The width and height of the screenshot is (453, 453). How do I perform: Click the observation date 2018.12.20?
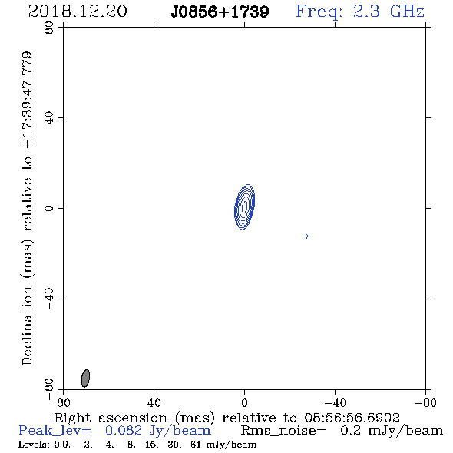tap(78, 12)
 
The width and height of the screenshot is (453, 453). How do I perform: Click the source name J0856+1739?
tap(220, 12)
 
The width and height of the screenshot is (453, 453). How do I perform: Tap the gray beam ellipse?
tap(85, 378)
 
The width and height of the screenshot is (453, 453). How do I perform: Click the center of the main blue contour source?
tap(244, 207)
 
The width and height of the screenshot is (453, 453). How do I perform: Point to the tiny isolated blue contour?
tap(306, 236)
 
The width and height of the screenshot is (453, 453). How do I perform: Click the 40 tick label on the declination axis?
tap(49, 118)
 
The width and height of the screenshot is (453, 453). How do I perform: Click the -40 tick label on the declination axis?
tap(49, 299)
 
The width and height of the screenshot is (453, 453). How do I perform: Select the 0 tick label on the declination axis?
tap(49, 208)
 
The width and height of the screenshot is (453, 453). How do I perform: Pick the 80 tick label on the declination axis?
tap(49, 28)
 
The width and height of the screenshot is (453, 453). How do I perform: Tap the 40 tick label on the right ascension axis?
tap(154, 403)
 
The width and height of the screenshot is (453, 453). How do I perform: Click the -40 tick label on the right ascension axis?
tap(335, 403)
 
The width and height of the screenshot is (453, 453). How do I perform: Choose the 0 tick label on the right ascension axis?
tap(244, 403)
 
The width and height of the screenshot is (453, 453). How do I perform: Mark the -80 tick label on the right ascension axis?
tap(425, 403)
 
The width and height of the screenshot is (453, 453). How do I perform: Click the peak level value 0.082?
tap(124, 431)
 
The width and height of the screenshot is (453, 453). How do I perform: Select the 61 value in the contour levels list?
tap(196, 445)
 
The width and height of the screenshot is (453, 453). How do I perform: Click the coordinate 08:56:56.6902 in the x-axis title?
tap(352, 418)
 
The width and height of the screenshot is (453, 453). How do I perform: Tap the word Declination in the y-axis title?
tap(27, 326)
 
